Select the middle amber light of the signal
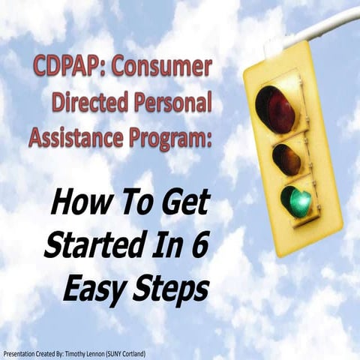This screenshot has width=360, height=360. coord(286,157)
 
